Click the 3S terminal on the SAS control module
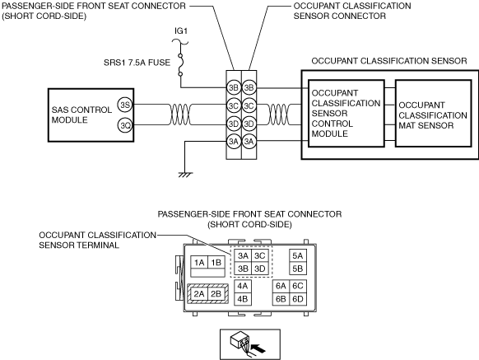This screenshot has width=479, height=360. (125, 105)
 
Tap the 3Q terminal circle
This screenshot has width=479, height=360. (125, 125)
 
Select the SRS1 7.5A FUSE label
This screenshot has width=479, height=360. (137, 63)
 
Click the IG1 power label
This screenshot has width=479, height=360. (181, 30)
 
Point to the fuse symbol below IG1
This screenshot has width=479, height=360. (180, 64)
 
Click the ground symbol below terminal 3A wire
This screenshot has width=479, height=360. (185, 175)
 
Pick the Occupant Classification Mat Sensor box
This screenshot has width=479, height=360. (433, 114)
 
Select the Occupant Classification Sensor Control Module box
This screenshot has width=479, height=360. (346, 114)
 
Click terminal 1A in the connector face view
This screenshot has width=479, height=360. (199, 263)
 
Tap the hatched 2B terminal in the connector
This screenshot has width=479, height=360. (216, 294)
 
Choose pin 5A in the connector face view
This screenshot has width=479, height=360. (298, 256)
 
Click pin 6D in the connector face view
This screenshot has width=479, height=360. (298, 299)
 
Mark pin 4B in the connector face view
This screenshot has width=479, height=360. (243, 299)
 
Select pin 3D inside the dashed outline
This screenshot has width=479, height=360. (259, 269)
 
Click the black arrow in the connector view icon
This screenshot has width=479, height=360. (258, 348)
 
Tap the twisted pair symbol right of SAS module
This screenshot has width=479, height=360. (180, 115)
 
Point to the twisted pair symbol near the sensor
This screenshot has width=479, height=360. (279, 115)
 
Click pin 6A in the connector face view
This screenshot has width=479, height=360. (281, 286)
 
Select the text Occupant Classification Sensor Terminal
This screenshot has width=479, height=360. (97, 240)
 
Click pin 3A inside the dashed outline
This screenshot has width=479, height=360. (243, 255)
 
